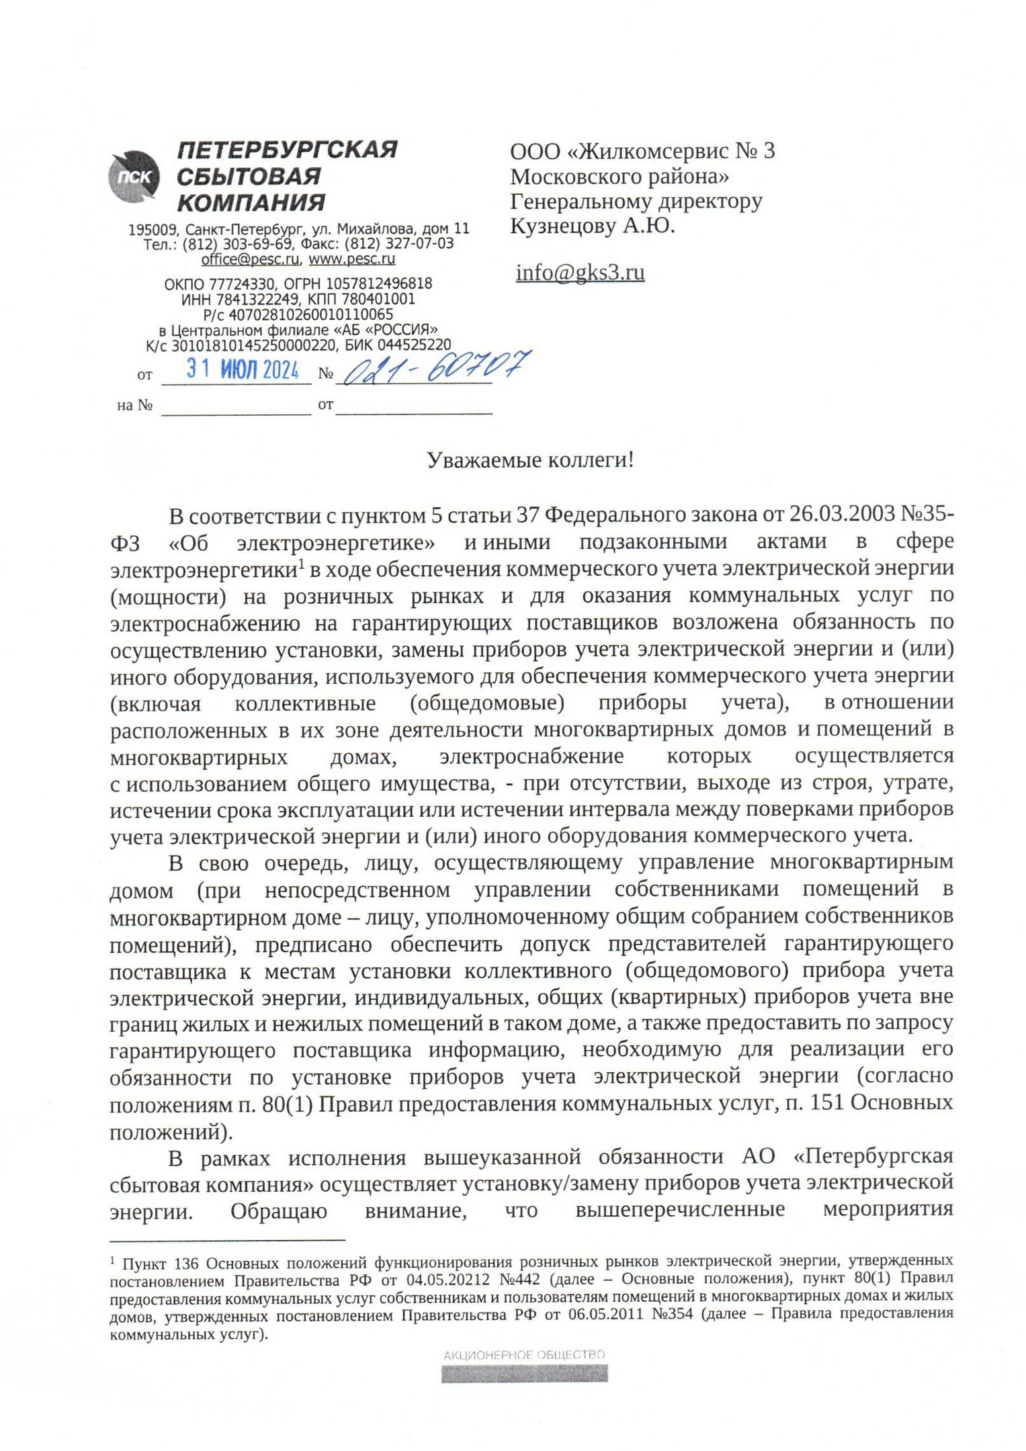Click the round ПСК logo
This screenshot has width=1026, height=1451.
134,176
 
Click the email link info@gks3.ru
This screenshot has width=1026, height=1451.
580,273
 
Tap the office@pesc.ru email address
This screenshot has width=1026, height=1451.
250,259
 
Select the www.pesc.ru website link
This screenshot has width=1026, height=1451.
352,259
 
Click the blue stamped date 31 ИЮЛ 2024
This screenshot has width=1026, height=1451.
243,369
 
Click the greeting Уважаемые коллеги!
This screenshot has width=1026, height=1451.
530,461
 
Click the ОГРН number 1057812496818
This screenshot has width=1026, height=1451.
379,284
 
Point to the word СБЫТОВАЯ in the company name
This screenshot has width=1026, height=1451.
249,177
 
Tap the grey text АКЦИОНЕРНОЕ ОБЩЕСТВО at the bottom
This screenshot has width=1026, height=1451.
524,1355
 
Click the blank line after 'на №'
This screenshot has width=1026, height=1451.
236,408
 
